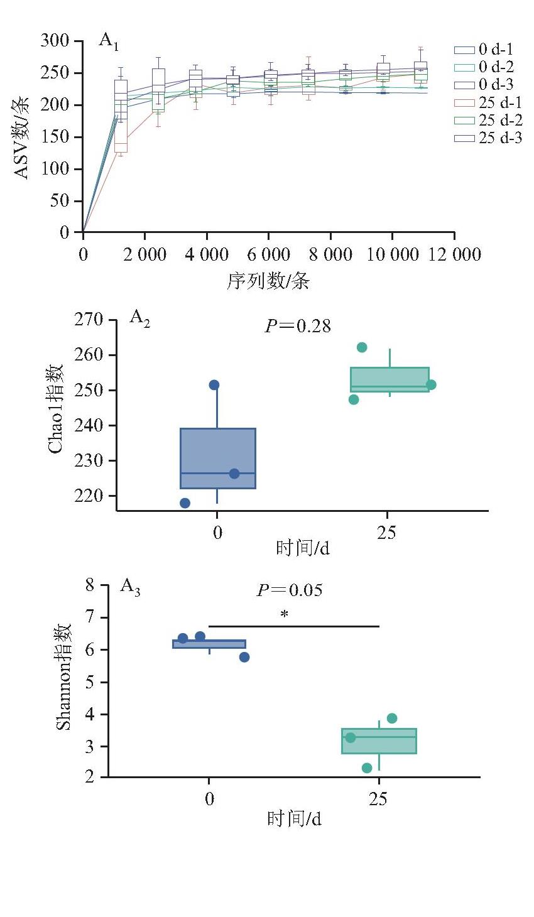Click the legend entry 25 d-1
coord(488,102)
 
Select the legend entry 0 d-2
coord(484,67)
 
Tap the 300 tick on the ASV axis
coord(55,41)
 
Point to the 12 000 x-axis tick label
coord(455,254)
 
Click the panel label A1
coord(109,41)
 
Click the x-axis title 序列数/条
coord(268,281)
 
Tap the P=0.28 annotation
coord(298,326)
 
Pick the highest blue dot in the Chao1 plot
coord(214,385)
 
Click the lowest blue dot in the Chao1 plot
coord(185,503)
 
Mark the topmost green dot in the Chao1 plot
coord(362,347)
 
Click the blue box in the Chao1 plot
coord(218,458)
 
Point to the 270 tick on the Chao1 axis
coord(89,319)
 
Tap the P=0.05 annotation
coord(290,590)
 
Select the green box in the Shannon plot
coord(379,741)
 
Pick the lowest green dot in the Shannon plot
coord(367,768)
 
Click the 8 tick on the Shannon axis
coord(90,585)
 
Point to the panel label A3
coord(130,587)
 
